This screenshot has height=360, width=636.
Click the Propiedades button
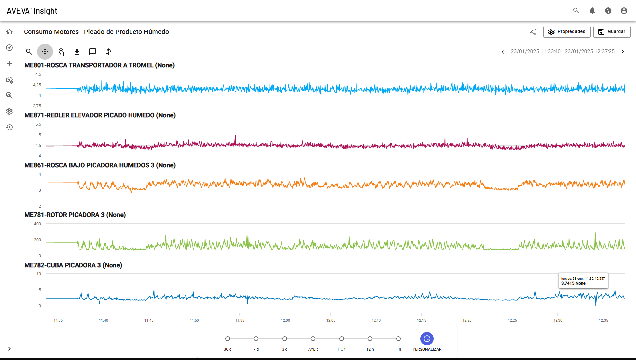pyautogui.click(x=567, y=32)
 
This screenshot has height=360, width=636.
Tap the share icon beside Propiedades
pyautogui.click(x=533, y=32)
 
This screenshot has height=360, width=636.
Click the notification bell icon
pyautogui.click(x=592, y=11)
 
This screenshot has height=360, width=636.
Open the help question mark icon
pyautogui.click(x=608, y=11)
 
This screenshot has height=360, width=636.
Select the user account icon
pyautogui.click(x=624, y=11)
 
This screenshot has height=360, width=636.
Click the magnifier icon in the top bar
pyautogui.click(x=576, y=11)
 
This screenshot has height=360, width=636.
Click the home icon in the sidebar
pyautogui.click(x=9, y=32)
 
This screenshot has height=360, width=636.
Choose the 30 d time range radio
pyautogui.click(x=228, y=339)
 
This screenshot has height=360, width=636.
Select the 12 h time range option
pyautogui.click(x=370, y=339)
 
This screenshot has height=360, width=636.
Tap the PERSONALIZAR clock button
pyautogui.click(x=427, y=339)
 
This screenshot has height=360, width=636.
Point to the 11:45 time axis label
pyautogui.click(x=149, y=320)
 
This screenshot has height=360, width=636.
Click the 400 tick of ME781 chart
pyautogui.click(x=37, y=224)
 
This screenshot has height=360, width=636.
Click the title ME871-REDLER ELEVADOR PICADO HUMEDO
pyautogui.click(x=89, y=115)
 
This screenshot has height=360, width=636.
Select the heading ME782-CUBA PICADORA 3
pyautogui.click(x=63, y=265)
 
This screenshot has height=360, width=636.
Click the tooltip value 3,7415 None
pyautogui.click(x=573, y=283)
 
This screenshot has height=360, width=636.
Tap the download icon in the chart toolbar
pyautogui.click(x=77, y=52)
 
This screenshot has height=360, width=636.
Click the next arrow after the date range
pyautogui.click(x=623, y=52)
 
